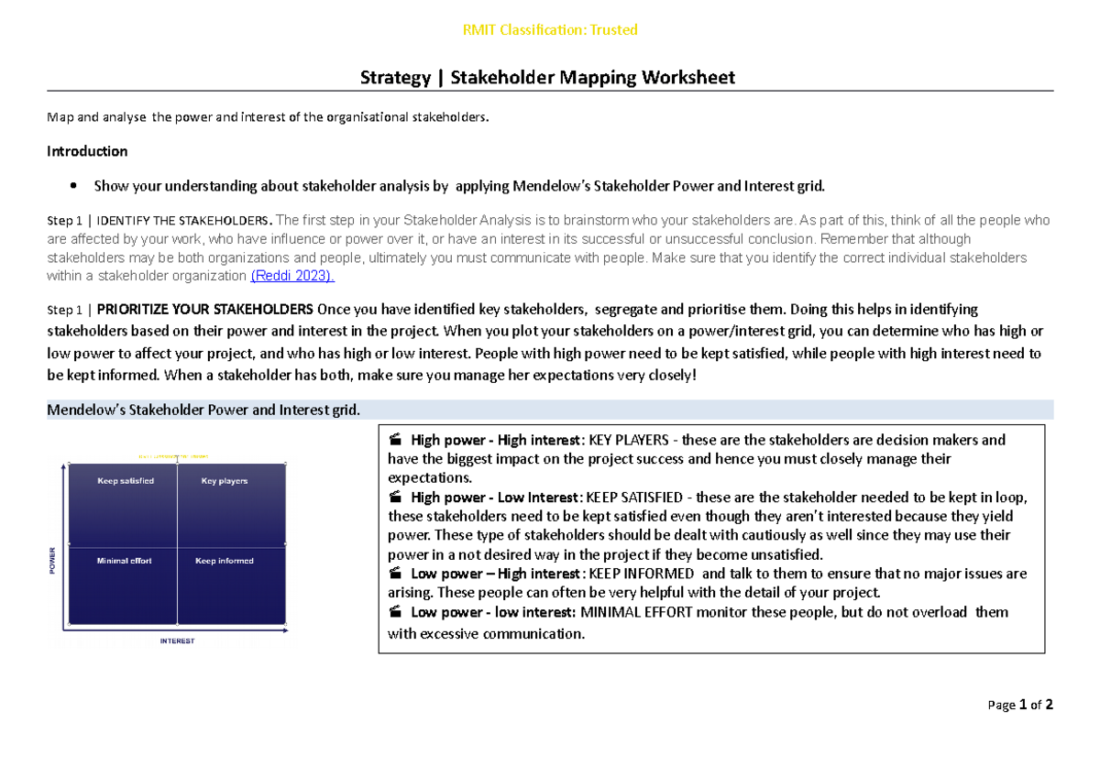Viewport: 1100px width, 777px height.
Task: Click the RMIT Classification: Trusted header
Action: (549, 30)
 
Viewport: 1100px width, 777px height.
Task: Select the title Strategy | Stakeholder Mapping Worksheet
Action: (549, 78)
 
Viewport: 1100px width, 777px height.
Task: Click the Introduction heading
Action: (87, 151)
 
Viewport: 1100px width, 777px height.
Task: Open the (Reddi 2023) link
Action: (292, 276)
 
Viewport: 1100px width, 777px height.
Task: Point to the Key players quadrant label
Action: (225, 481)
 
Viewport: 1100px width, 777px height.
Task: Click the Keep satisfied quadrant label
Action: (126, 481)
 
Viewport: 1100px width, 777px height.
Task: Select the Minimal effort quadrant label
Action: (124, 561)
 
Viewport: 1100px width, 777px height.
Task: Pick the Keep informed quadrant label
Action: (225, 561)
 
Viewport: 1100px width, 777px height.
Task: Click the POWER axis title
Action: (52, 561)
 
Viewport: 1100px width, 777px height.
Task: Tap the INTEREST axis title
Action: (177, 641)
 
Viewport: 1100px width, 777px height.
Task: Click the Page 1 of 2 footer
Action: (1020, 705)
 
